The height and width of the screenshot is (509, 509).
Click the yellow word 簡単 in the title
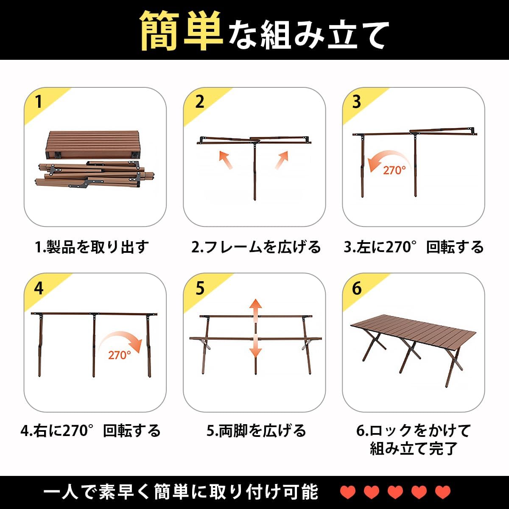(x=182, y=31)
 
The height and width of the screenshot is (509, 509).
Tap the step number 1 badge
(x=39, y=102)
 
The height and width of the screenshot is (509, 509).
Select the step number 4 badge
(x=39, y=288)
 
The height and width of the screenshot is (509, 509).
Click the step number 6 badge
(x=357, y=288)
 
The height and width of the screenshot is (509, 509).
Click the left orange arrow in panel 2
(x=226, y=160)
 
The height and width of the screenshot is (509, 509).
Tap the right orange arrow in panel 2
(x=282, y=160)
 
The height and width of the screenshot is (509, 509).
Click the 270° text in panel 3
(x=394, y=171)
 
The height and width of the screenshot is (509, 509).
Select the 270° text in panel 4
(x=119, y=355)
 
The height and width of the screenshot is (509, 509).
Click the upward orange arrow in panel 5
(x=255, y=307)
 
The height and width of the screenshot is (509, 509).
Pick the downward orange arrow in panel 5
(x=255, y=347)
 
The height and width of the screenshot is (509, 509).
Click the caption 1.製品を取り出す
(x=92, y=247)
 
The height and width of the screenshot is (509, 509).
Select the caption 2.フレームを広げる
(x=256, y=247)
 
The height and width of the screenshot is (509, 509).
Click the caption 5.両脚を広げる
(x=256, y=431)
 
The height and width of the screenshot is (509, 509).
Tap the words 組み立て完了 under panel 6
(x=414, y=448)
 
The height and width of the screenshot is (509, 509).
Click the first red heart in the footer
(x=348, y=492)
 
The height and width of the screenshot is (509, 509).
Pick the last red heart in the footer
(x=443, y=492)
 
